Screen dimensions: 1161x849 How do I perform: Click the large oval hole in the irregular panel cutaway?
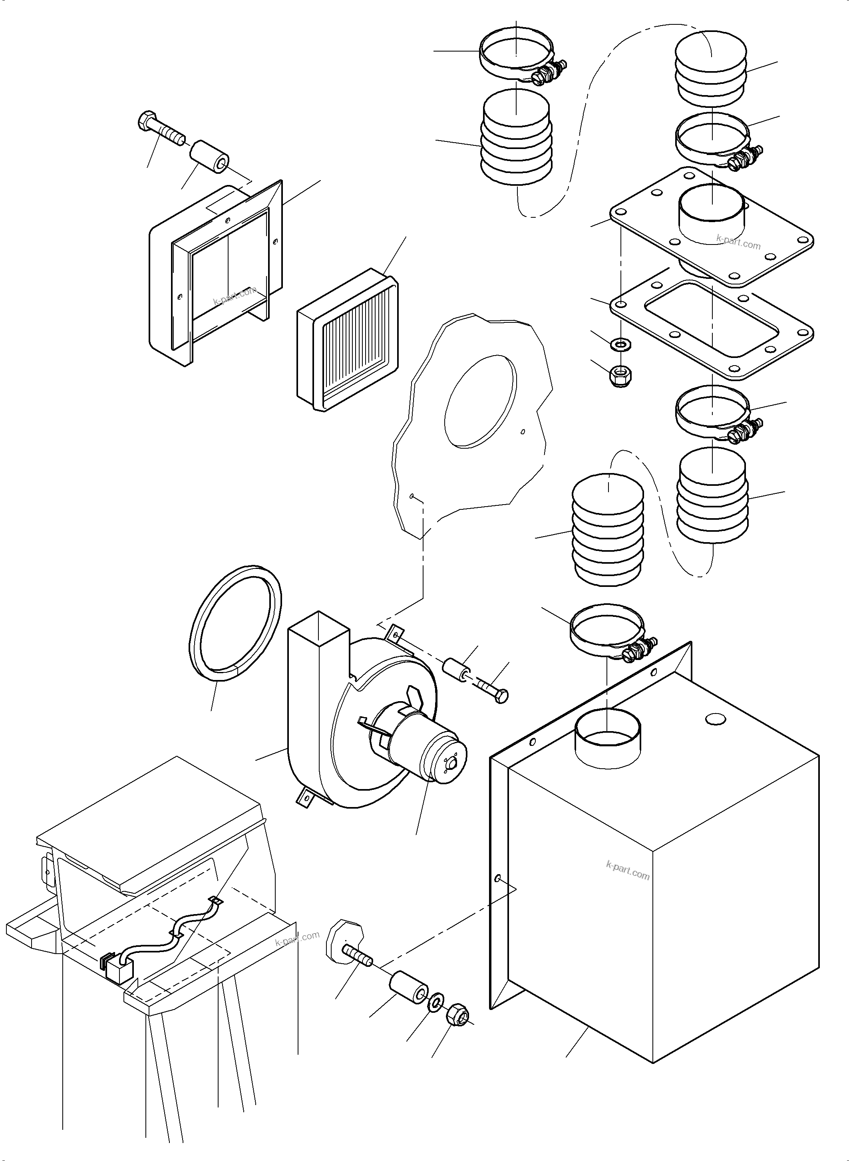coord(479,401)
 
